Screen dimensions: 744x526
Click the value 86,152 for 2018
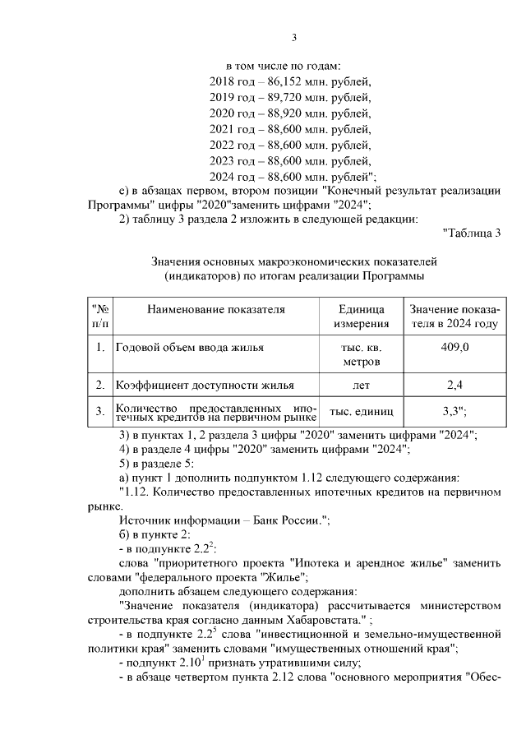point(279,82)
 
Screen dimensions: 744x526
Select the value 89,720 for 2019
point(279,98)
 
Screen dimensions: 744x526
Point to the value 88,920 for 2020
point(279,113)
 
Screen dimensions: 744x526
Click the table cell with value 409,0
point(454,348)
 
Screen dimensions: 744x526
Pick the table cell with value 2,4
point(454,385)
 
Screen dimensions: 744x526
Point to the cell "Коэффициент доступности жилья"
point(205,385)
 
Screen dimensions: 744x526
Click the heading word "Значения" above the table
point(175,261)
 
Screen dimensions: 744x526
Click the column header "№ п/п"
point(99,317)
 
